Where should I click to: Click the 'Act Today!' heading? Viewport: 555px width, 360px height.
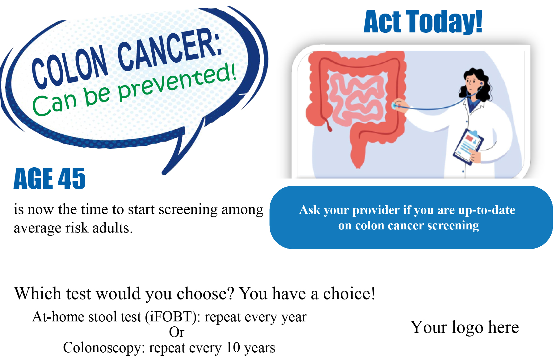point(423,21)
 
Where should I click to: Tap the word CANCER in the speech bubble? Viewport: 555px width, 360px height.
point(170,49)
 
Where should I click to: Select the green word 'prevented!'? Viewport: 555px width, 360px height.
point(177,82)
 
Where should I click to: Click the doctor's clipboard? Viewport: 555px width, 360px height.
point(467,146)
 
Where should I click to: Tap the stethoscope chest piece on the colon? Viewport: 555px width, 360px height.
point(394,106)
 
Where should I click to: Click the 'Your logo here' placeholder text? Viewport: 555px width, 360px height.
point(465,327)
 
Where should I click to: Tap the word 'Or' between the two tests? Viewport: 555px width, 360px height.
point(177,332)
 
